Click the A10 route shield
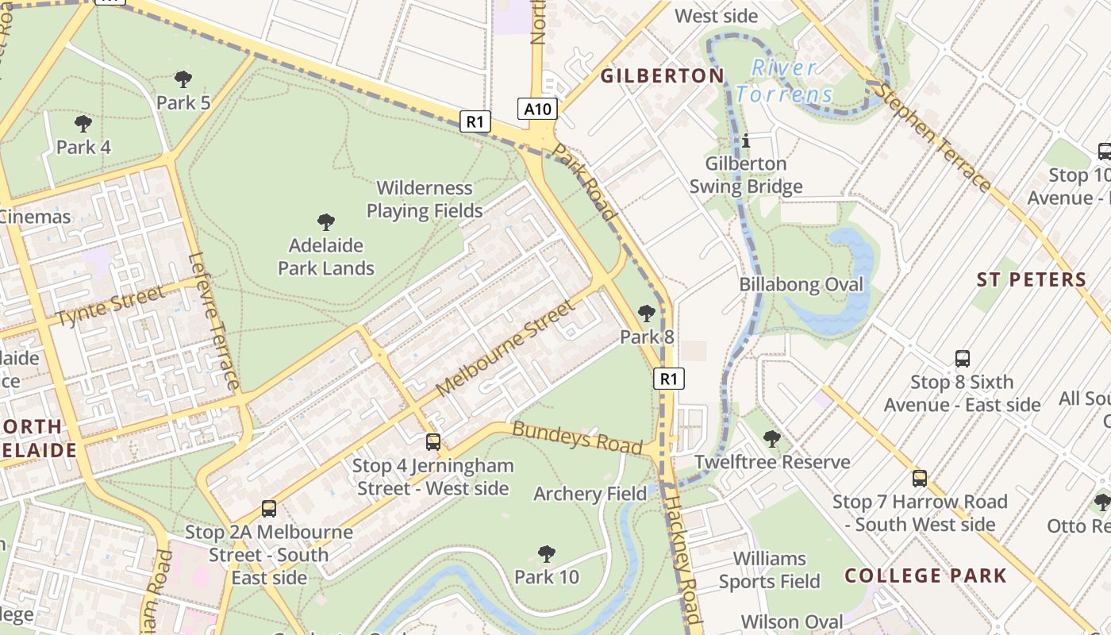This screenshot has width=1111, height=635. (x=538, y=109)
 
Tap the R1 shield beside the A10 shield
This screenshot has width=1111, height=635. (x=475, y=121)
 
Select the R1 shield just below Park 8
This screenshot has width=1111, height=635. (x=669, y=379)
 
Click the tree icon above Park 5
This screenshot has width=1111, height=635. (x=183, y=79)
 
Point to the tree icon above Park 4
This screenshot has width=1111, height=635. (x=83, y=123)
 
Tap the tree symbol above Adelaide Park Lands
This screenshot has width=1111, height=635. (x=325, y=221)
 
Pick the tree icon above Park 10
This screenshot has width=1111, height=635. (x=546, y=553)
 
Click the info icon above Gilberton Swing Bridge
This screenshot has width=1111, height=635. (x=746, y=141)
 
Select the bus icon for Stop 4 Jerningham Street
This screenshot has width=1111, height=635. (x=432, y=441)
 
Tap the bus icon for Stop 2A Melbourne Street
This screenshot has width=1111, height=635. (x=269, y=508)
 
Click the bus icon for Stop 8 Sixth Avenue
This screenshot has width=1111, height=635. (x=962, y=358)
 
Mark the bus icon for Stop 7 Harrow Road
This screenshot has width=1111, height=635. (x=919, y=478)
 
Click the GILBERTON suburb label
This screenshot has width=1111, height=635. (x=662, y=76)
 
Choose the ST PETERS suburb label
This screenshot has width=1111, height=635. (x=1031, y=279)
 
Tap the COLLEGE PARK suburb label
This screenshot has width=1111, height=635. (x=925, y=575)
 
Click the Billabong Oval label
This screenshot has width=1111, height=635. (x=801, y=284)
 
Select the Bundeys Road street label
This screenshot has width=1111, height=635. (x=577, y=438)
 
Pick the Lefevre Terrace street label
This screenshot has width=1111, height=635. (x=215, y=321)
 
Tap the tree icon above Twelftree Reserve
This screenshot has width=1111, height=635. (x=771, y=438)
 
